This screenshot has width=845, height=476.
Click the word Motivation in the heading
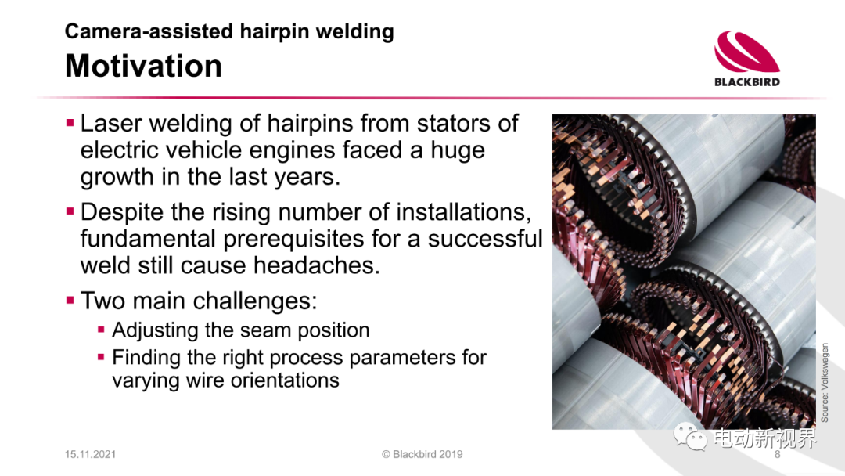(x=143, y=66)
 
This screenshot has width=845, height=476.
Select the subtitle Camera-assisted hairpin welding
(x=229, y=31)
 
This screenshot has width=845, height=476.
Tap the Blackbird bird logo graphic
(x=747, y=52)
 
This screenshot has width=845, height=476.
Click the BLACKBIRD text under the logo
(x=747, y=82)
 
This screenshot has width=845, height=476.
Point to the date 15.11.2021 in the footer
(x=90, y=454)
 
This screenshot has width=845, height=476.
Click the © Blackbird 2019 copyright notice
(x=422, y=454)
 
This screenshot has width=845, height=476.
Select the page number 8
(x=777, y=454)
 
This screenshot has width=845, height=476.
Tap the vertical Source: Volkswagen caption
(x=825, y=382)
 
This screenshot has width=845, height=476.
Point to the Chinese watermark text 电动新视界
(x=765, y=438)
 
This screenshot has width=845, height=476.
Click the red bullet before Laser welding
(x=70, y=123)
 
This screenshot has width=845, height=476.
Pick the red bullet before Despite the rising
(x=70, y=211)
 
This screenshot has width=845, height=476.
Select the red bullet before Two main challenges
(x=70, y=300)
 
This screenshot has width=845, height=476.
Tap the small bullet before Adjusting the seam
(x=101, y=329)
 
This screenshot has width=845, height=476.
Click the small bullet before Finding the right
(x=101, y=356)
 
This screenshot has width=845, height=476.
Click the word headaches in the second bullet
(x=316, y=265)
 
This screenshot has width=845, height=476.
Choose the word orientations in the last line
(x=279, y=380)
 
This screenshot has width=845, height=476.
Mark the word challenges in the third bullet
(x=252, y=301)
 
